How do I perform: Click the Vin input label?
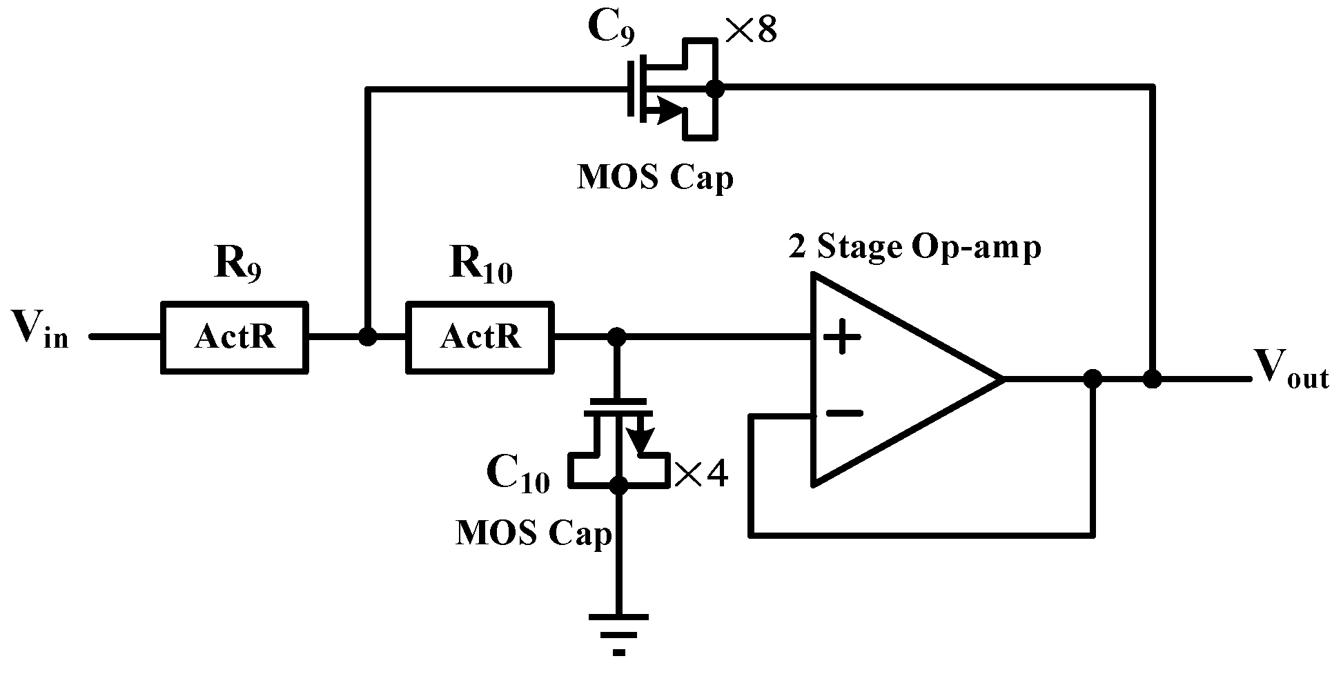tap(40, 330)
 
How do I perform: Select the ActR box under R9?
tap(235, 337)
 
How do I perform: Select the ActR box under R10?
tap(480, 337)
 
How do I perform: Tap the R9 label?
tap(237, 265)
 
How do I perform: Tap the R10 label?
tap(480, 265)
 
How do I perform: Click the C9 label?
tap(610, 29)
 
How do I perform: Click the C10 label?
tap(518, 475)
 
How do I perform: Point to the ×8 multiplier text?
tap(751, 30)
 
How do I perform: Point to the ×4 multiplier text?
tap(701, 475)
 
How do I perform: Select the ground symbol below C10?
tap(619, 631)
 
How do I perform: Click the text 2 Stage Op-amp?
tap(914, 247)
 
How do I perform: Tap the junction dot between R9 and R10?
tap(368, 337)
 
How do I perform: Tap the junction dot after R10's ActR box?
tap(617, 337)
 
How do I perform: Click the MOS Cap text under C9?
tap(654, 178)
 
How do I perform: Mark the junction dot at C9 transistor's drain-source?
tap(716, 88)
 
